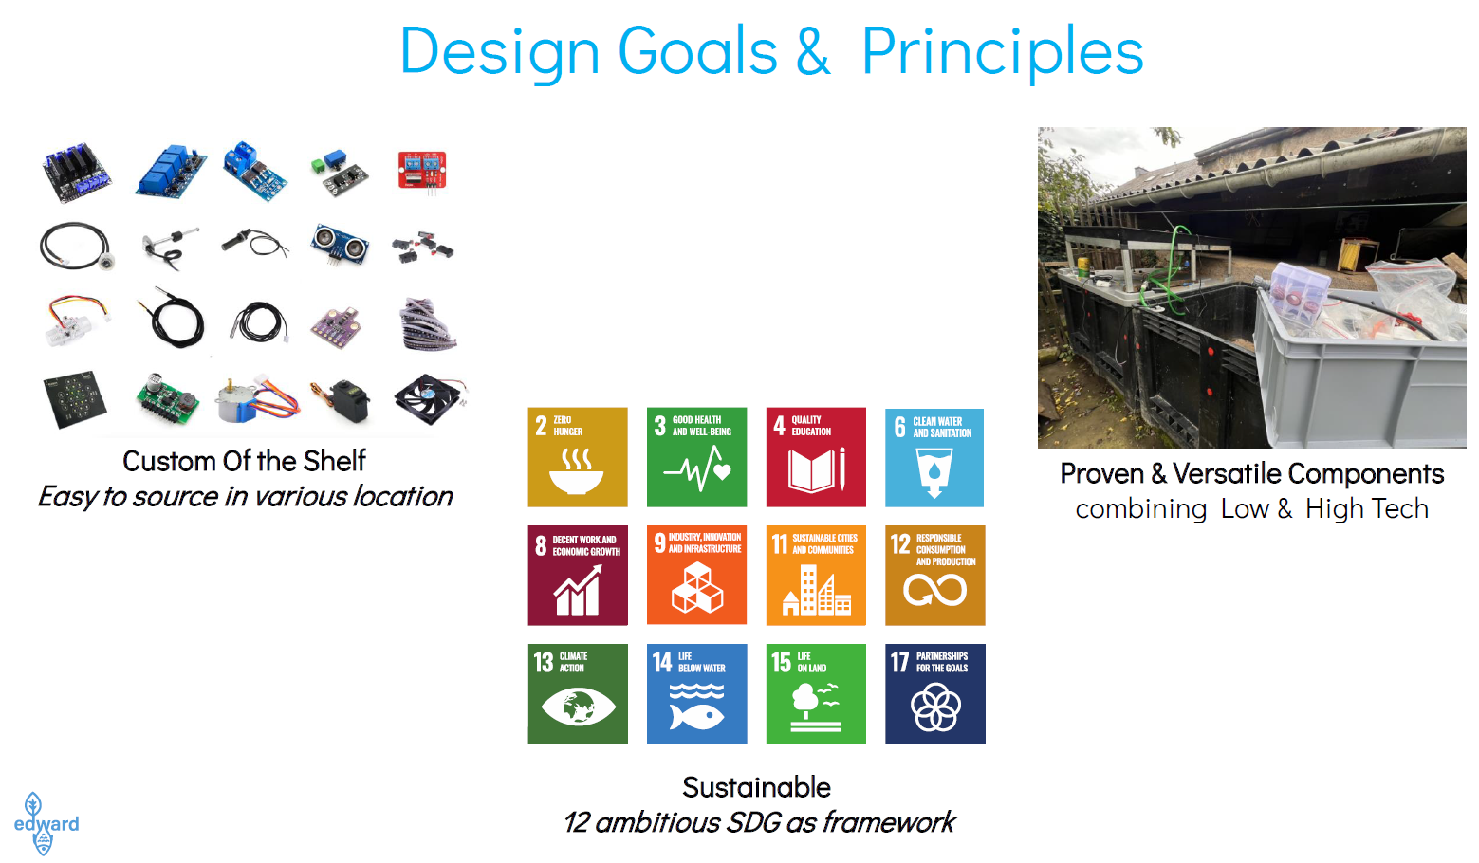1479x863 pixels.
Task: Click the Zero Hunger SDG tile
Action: (578, 457)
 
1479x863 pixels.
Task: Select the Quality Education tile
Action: (816, 457)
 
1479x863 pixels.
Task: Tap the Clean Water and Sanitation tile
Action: (934, 457)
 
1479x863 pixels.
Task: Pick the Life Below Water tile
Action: (696, 693)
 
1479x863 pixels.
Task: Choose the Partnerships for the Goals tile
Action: (935, 693)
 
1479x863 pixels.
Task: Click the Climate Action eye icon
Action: (579, 707)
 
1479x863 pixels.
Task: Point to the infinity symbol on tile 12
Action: (935, 589)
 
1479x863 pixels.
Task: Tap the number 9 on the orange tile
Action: (659, 543)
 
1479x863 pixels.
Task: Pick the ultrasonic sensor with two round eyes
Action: (340, 245)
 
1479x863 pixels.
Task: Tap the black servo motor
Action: (342, 400)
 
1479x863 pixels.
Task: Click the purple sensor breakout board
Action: (336, 326)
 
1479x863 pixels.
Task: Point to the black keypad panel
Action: (75, 399)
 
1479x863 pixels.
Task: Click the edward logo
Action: (46, 823)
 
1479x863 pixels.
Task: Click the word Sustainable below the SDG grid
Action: (757, 787)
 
